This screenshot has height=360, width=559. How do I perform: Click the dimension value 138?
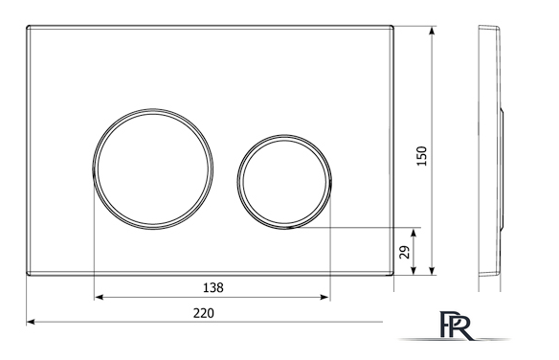coord(213,287)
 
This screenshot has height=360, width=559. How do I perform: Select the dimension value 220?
coord(204,313)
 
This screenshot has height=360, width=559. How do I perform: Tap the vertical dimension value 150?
coord(421,156)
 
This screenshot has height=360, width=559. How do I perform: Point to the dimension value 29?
coord(405,252)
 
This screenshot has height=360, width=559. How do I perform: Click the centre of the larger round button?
coord(153,169)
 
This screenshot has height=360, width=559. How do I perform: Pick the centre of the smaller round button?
coord(284,182)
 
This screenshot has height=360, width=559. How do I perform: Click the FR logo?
coord(456,326)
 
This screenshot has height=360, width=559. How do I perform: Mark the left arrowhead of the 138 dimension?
coord(99,297)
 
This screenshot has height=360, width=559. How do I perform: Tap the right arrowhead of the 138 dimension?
coord(324,297)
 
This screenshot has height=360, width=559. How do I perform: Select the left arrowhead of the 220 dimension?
coord(31,322)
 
